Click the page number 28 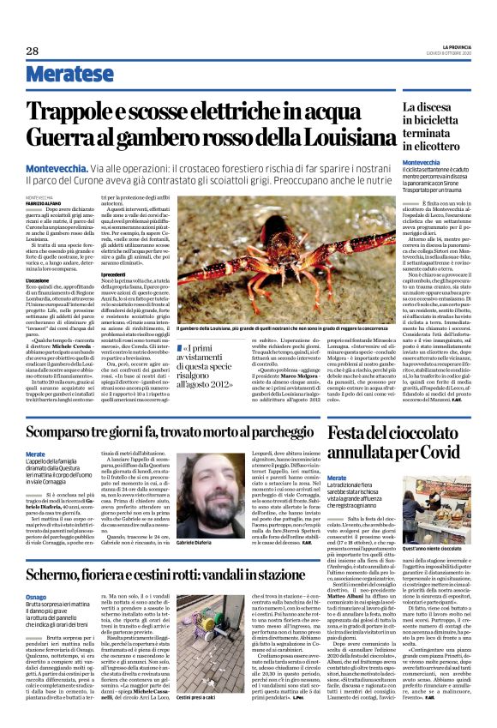32,51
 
